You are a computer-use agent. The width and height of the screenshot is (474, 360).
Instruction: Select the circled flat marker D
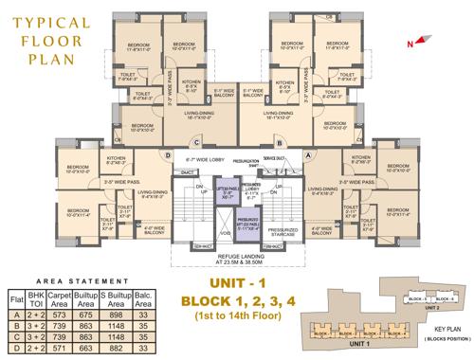point(168,156)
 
